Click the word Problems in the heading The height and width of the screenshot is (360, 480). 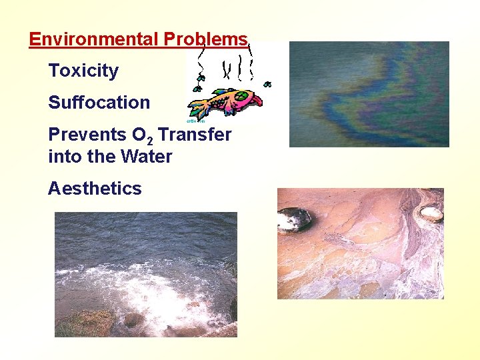[205, 39]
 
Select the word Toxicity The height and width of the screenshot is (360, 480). [83, 71]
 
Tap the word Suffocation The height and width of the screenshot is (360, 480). [99, 103]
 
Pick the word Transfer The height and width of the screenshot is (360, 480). [195, 135]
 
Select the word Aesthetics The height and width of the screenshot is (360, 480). [95, 189]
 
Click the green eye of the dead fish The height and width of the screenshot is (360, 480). [241, 95]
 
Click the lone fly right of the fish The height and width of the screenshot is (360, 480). [267, 85]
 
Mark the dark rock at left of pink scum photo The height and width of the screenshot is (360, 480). [294, 219]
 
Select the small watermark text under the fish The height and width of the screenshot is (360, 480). [193, 121]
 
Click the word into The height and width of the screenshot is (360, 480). [62, 157]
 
